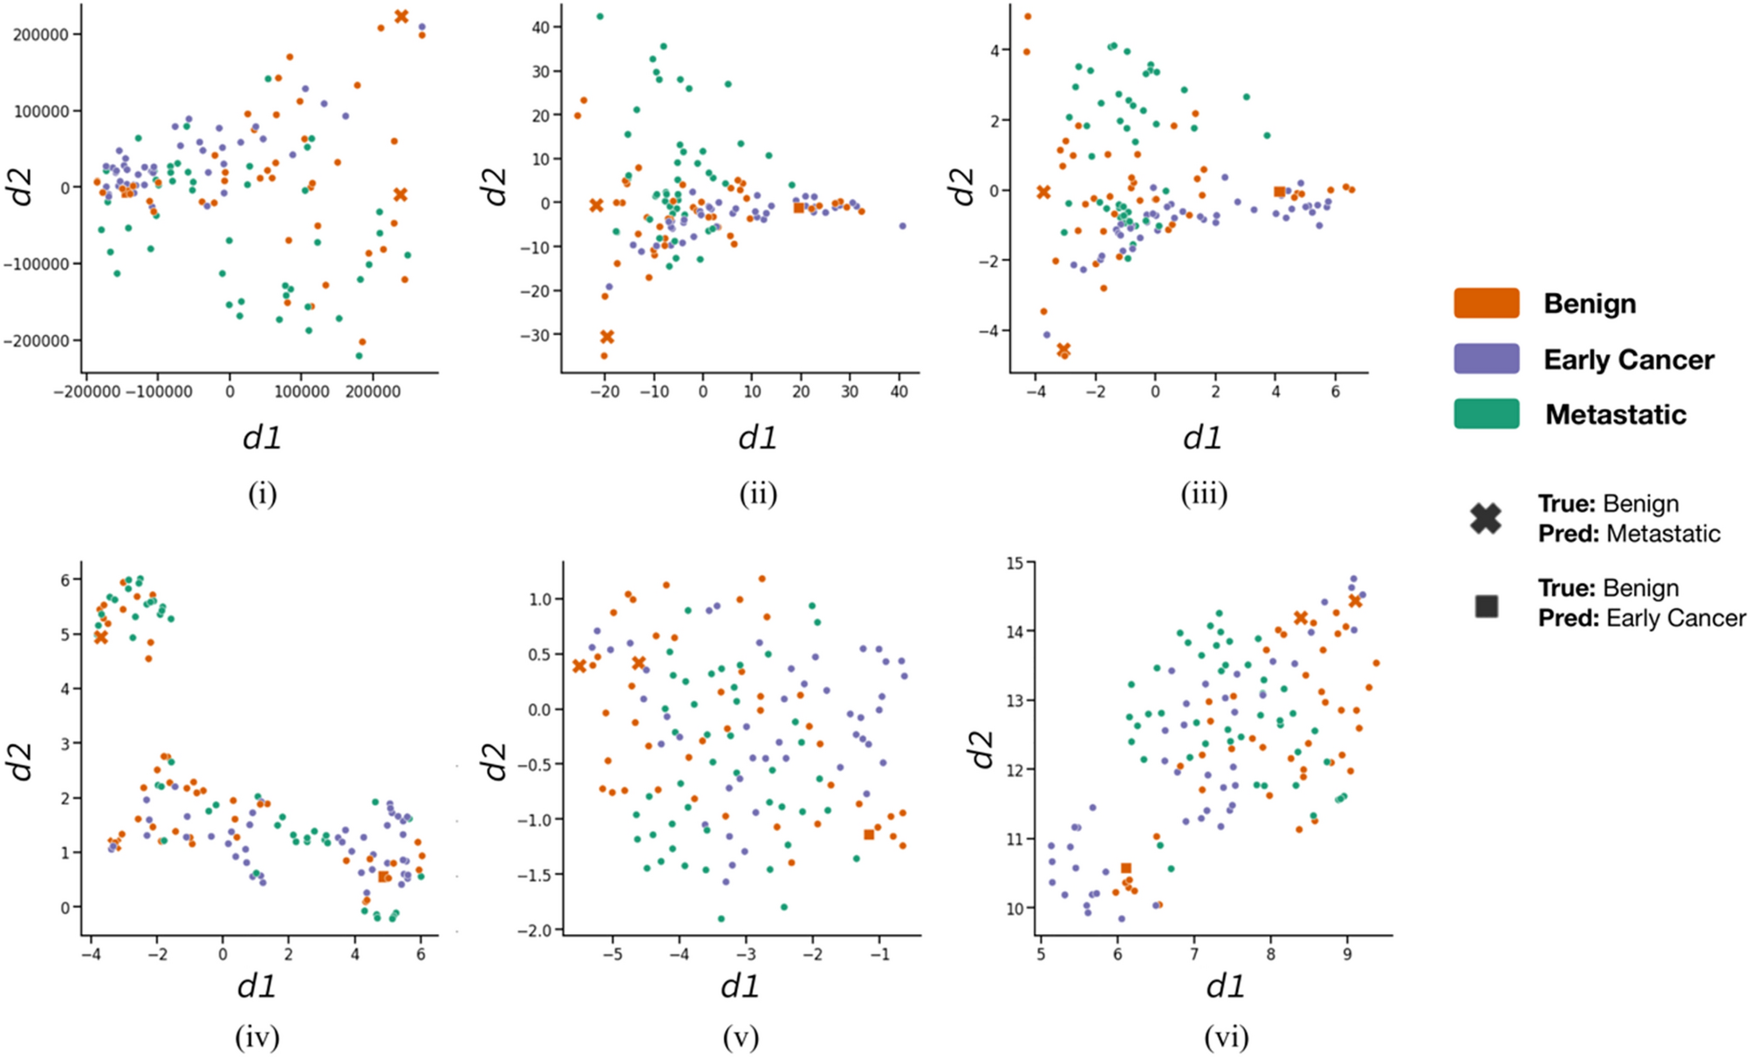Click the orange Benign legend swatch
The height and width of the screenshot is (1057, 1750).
[x=1487, y=303]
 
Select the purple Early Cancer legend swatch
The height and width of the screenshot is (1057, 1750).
[x=1487, y=358]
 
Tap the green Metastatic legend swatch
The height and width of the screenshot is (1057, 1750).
[x=1487, y=413]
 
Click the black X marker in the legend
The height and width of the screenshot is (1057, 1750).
[x=1486, y=518]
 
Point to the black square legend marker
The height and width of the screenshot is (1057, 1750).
[x=1487, y=606]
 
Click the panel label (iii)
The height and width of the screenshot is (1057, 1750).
[x=1204, y=494]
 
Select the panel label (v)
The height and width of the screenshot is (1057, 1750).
[x=741, y=1037]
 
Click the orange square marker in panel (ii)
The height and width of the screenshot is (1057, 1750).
[x=798, y=208]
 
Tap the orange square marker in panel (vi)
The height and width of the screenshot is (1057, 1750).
[x=1125, y=868]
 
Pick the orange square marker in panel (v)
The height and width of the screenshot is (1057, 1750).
[x=869, y=835]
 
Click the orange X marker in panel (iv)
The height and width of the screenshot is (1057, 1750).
[x=101, y=637]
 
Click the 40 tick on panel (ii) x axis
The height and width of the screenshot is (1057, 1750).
[x=899, y=392]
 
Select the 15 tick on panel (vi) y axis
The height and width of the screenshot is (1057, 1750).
[x=1015, y=563]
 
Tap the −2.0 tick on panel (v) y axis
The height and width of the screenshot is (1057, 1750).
[x=534, y=931]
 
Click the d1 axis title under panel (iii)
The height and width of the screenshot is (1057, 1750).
[x=1202, y=437]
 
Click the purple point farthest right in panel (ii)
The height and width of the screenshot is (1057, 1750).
[x=902, y=226]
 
